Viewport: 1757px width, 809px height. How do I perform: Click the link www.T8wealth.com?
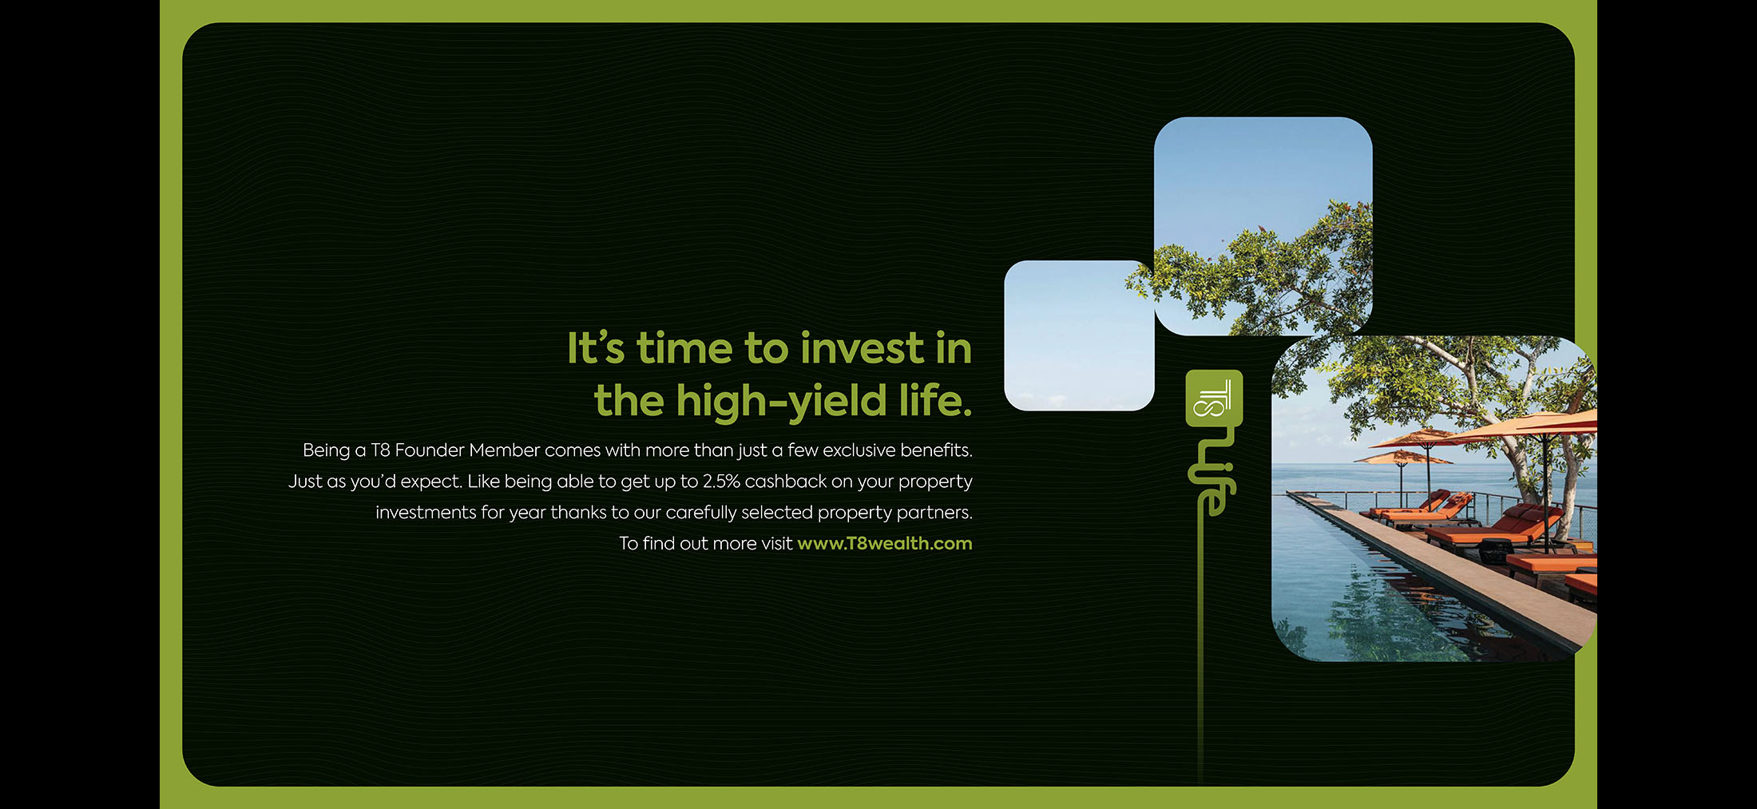point(884,544)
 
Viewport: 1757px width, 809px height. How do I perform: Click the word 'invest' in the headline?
point(862,349)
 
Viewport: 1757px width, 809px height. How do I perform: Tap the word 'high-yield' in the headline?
point(781,401)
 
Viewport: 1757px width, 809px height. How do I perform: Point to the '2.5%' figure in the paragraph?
point(721,482)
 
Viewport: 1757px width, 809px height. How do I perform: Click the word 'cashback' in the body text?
point(786,482)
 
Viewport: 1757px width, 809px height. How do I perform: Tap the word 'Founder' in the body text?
point(430,450)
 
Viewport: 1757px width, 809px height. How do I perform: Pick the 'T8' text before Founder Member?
point(380,450)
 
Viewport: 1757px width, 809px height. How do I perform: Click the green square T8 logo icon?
point(1214,398)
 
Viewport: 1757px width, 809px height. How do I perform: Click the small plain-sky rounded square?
point(1078,335)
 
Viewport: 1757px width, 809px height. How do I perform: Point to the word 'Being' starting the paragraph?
point(326,450)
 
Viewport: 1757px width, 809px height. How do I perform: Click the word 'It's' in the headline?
point(595,349)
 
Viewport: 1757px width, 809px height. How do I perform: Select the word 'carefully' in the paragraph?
point(701,513)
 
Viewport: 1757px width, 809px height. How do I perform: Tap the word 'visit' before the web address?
point(777,544)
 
